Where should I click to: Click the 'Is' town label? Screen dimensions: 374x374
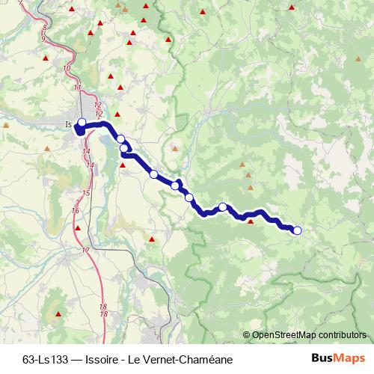coord(69,124)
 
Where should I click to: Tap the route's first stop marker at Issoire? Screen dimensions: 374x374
coord(82,123)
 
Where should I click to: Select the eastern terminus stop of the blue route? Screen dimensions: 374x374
coord(297,230)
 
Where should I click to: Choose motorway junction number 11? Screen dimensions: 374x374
coord(78,88)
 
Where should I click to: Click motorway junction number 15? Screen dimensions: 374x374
coord(86,193)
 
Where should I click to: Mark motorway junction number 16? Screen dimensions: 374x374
coord(76,211)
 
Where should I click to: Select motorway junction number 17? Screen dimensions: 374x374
coord(86,250)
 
